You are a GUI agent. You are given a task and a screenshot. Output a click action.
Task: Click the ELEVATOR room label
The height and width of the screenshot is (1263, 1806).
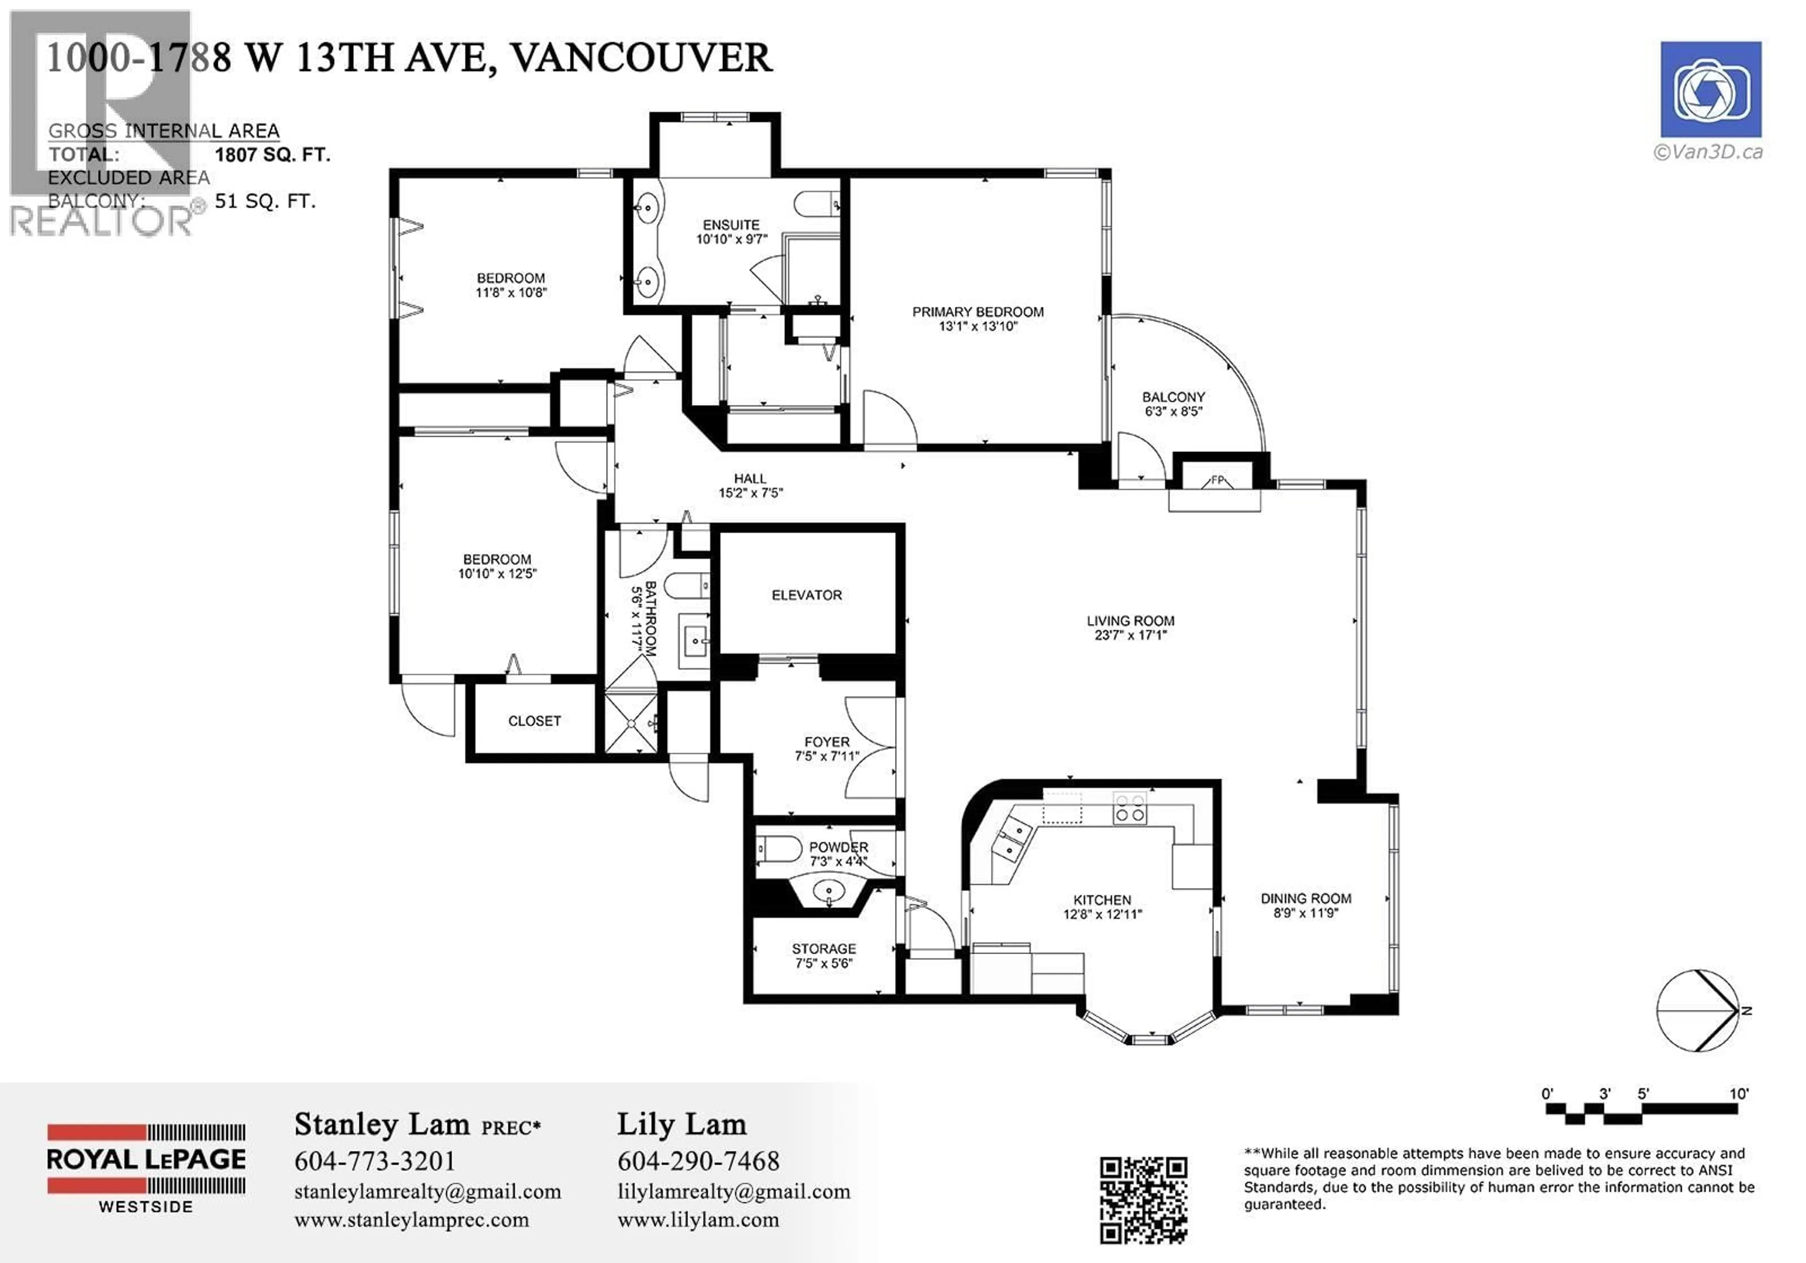(806, 595)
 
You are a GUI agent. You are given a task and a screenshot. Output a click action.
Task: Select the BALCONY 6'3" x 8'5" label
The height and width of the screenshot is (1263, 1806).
(1173, 404)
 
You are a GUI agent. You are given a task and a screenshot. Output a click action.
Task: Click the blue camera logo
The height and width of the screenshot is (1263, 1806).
(1710, 90)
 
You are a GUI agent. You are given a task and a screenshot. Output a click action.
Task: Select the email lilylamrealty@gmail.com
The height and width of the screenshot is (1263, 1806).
(733, 1192)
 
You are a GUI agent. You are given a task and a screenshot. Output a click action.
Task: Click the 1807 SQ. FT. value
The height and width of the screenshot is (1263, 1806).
(272, 155)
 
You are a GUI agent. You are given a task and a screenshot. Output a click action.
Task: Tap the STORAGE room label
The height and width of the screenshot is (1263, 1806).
(824, 949)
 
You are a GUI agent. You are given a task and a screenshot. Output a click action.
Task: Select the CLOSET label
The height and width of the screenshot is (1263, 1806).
(534, 721)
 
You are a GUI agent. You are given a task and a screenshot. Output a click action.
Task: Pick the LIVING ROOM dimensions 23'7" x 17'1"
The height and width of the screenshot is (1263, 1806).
(1130, 635)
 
